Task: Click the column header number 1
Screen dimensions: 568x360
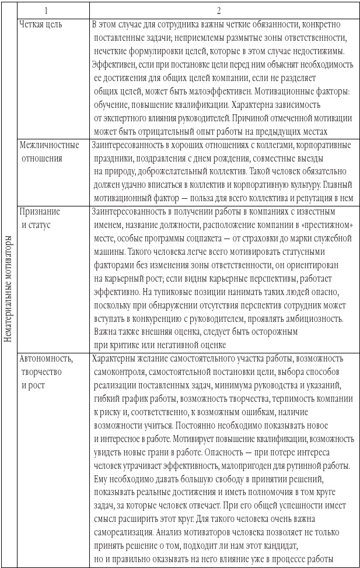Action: (53, 10)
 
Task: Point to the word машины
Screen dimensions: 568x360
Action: (109, 252)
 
